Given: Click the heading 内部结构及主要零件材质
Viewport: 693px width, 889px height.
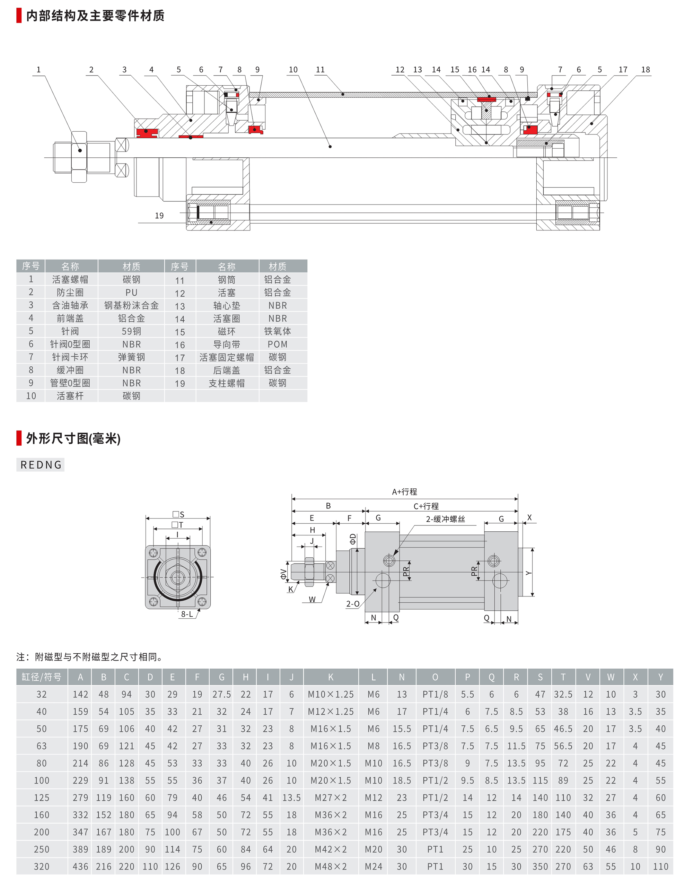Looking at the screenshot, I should (x=95, y=16).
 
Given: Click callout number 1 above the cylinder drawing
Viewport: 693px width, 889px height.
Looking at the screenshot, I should (x=39, y=70).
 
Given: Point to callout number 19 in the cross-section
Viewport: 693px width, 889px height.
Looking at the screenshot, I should (x=159, y=216).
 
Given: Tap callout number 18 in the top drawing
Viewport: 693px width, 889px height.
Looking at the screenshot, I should (x=646, y=70).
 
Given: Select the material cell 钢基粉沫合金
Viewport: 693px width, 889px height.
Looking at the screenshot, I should (x=131, y=305).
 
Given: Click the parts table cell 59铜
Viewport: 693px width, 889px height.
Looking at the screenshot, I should (x=131, y=331).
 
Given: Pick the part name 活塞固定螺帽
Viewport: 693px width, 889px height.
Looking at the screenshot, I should (x=227, y=357).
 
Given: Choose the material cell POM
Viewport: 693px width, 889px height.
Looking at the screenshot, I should (x=278, y=345).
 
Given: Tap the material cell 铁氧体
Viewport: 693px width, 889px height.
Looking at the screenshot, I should (x=278, y=331).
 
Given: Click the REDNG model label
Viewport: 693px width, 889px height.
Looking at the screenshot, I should (x=41, y=465).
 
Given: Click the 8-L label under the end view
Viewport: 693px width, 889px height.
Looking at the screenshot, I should (x=187, y=614).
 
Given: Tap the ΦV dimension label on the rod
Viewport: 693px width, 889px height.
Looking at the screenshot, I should (x=283, y=574).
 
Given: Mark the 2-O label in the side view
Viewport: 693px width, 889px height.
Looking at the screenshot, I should (x=353, y=604).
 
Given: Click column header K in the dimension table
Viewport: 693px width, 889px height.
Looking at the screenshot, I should (x=331, y=677).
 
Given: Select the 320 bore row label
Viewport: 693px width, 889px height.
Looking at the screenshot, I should (x=42, y=866).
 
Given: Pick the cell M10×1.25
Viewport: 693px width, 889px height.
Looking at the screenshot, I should (x=331, y=695).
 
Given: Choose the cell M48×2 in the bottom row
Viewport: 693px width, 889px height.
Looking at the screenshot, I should (x=331, y=866).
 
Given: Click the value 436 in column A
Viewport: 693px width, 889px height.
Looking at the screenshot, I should (x=80, y=866).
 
